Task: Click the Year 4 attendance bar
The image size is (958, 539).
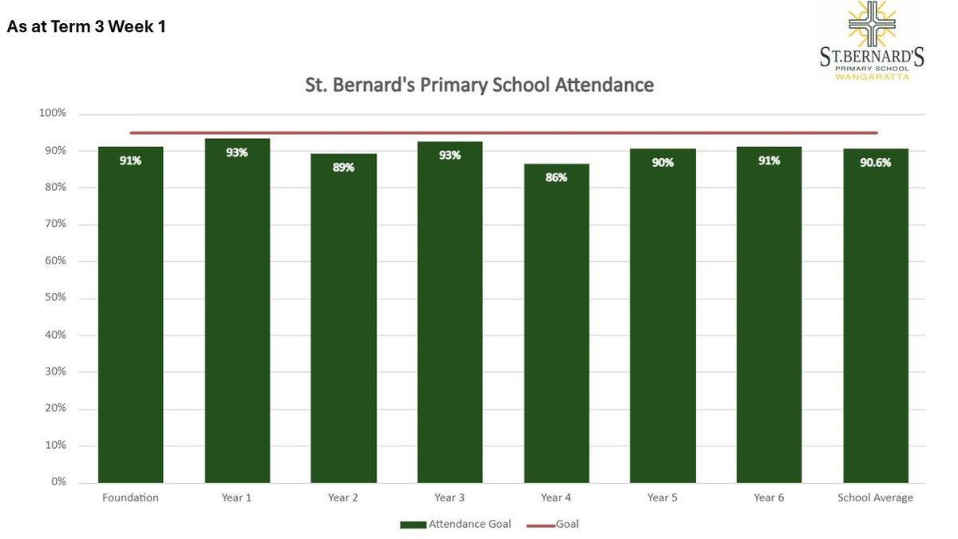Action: click(556, 323)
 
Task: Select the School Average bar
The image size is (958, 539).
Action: click(876, 315)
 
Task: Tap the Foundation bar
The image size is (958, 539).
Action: click(130, 315)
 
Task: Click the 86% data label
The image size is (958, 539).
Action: click(556, 177)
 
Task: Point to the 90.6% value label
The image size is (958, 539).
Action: click(876, 163)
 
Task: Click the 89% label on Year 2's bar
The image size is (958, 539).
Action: click(343, 167)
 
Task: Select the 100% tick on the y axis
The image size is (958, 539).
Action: click(53, 113)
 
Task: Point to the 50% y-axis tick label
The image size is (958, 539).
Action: click(56, 297)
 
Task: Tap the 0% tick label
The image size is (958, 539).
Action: click(58, 482)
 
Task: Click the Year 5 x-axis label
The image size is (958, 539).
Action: click(662, 497)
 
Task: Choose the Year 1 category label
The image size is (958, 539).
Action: click(236, 497)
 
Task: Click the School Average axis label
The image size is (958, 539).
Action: click(875, 497)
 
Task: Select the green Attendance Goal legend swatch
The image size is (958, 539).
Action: click(414, 525)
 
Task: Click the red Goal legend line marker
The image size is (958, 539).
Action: click(540, 525)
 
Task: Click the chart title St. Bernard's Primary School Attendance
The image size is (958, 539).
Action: click(480, 85)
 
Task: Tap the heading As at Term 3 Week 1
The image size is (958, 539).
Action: click(86, 26)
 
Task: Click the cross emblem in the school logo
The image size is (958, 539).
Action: click(872, 23)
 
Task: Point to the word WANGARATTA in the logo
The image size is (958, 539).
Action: click(872, 77)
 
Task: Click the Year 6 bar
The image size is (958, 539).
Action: click(769, 315)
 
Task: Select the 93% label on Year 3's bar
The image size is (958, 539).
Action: click(450, 155)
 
